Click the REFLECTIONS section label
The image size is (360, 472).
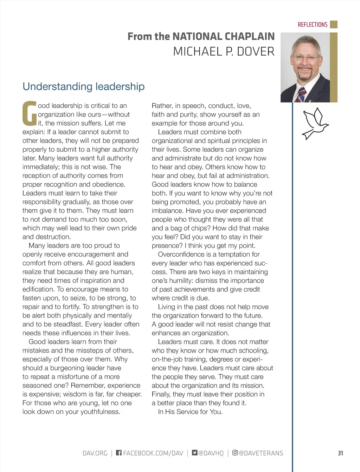(x=312, y=25)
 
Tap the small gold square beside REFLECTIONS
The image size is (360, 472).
(x=334, y=24)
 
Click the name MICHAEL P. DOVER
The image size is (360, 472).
(x=224, y=52)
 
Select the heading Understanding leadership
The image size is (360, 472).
(x=83, y=86)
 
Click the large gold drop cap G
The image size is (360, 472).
(x=30, y=114)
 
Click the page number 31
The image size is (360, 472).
(x=340, y=453)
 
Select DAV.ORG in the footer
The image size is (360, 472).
(x=95, y=453)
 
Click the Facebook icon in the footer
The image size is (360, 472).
(x=119, y=453)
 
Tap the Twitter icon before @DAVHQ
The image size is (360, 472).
(x=195, y=453)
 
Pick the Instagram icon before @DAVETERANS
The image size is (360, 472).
(x=235, y=453)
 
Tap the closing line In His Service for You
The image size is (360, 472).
(x=190, y=412)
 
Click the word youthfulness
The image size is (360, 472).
(x=100, y=412)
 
